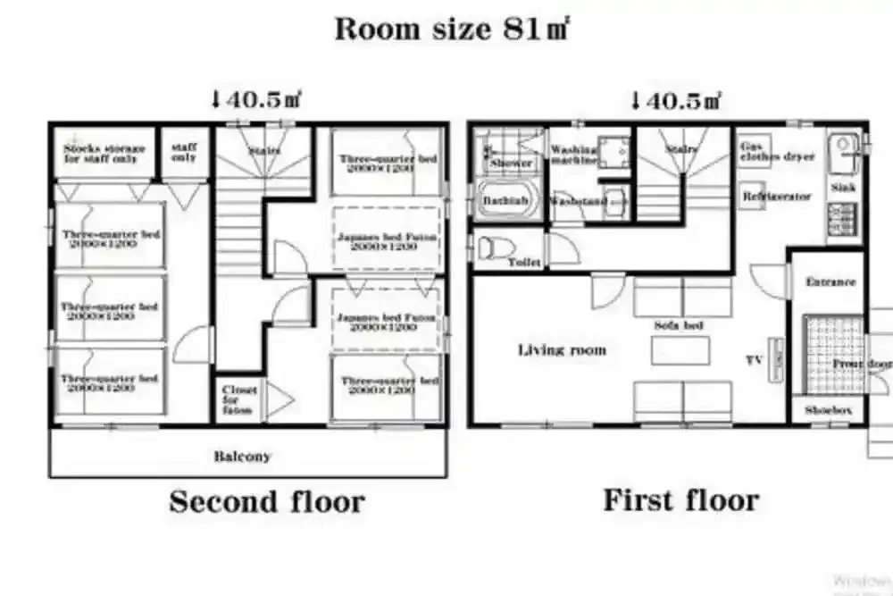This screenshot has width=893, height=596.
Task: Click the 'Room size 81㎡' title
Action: [452, 29]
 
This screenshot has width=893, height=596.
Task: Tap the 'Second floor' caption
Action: [266, 501]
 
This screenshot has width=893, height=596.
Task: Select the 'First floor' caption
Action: [680, 499]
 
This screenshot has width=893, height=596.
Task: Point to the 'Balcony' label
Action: [242, 456]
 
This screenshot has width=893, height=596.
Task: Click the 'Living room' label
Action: [562, 349]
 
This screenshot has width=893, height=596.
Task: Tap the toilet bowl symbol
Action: [490, 247]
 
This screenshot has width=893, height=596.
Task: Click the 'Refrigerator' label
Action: [776, 196]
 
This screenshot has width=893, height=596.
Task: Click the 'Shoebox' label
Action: [828, 410]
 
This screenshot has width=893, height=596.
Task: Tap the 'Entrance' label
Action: [830, 281]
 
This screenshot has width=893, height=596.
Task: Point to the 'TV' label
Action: [754, 360]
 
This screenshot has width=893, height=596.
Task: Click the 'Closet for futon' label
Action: [239, 400]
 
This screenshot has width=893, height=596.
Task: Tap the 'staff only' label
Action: [184, 151]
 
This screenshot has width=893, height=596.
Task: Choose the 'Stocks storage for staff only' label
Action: [104, 154]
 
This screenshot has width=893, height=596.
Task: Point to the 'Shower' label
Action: [511, 164]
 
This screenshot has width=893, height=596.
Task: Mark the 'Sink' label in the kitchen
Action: [843, 189]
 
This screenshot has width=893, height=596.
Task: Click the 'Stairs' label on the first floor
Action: [681, 150]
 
